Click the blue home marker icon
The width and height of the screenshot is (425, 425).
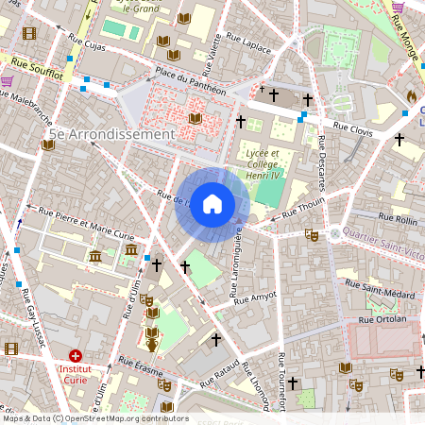click(212, 203)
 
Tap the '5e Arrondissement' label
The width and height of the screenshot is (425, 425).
click(112, 134)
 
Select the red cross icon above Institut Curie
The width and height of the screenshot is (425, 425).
click(76, 356)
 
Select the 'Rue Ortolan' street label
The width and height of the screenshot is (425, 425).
click(382, 319)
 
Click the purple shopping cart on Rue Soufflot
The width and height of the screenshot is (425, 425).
click(8, 81)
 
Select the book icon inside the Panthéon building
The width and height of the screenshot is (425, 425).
click(195, 118)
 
